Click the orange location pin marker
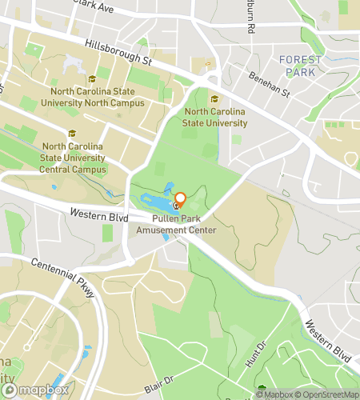180,200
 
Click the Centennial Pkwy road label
63,277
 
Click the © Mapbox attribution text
274,393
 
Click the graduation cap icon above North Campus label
93,78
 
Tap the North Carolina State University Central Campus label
74,158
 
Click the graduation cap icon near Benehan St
214,98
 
